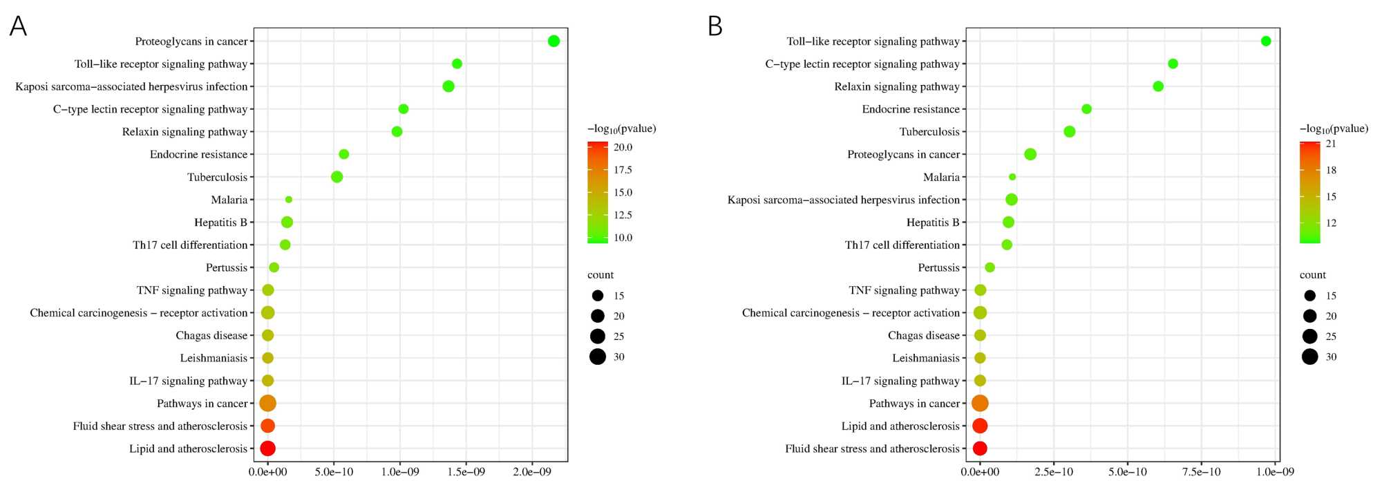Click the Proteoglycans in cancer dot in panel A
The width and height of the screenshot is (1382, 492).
553,41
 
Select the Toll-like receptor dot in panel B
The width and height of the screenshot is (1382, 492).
1266,41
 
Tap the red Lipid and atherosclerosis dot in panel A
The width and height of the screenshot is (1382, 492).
268,448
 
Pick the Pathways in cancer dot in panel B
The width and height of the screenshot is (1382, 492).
980,403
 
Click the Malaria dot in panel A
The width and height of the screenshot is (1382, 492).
288,200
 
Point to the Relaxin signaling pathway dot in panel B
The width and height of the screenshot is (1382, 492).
1158,86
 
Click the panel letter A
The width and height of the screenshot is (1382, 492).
18,26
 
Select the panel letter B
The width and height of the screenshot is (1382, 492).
715,26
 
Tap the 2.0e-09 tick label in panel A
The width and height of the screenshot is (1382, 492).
532,472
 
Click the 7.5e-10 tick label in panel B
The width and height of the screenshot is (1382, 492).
1201,472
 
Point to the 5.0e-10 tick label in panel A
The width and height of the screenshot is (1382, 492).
334,472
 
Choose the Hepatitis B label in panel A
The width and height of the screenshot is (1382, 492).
220,223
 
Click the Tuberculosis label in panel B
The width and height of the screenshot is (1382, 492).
929,132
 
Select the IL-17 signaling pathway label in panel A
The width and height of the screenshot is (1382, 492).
188,381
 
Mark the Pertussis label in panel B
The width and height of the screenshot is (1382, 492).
938,267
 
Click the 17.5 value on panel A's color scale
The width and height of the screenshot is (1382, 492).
623,170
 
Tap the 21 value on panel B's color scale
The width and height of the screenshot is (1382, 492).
1331,144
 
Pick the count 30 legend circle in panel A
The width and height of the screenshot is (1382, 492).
598,357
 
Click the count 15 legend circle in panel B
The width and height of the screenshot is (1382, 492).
1309,296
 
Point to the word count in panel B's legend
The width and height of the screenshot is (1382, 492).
1313,275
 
